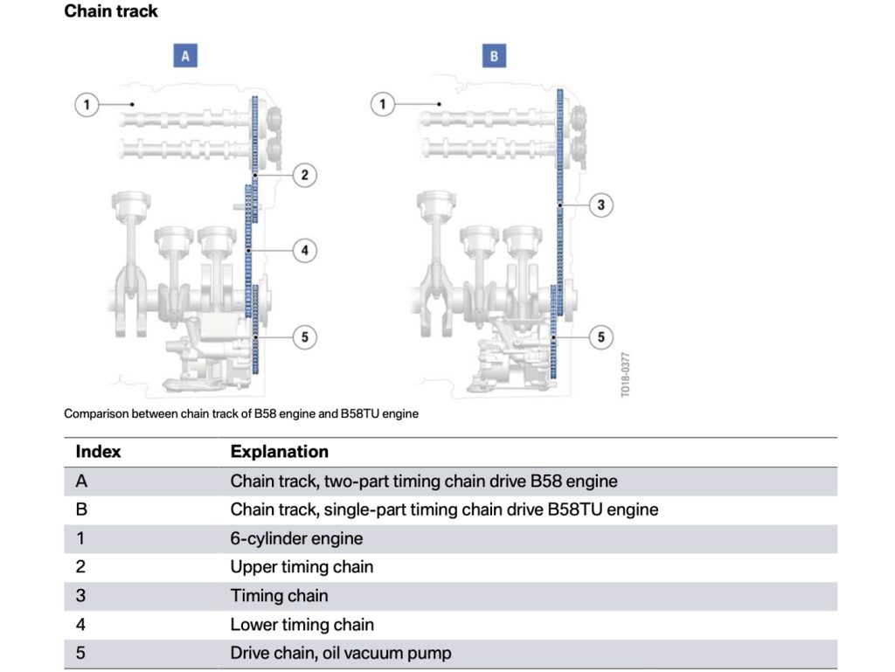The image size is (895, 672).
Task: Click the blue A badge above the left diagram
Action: [185, 56]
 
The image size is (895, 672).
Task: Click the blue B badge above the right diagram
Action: [495, 56]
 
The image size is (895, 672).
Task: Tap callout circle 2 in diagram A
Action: [305, 175]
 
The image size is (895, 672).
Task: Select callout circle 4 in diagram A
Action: [305, 251]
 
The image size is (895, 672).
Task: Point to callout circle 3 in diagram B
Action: [601, 204]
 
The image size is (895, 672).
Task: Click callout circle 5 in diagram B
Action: [601, 337]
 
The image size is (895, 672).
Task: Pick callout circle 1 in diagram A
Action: [87, 104]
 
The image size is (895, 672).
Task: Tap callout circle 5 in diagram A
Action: [305, 337]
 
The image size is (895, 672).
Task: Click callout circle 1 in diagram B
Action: [383, 104]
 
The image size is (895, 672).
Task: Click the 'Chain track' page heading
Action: [111, 11]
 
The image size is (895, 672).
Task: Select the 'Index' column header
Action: [98, 452]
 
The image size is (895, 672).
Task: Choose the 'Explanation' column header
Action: [279, 452]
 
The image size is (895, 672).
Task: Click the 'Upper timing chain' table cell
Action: [302, 567]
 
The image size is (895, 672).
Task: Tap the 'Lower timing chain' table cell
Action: [302, 625]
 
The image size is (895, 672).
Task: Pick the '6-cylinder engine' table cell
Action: [296, 538]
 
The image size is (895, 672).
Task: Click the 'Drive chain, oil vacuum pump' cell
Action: [341, 653]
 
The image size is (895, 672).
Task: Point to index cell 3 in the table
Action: [81, 596]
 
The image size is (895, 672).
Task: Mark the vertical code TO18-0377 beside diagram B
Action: [626, 374]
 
